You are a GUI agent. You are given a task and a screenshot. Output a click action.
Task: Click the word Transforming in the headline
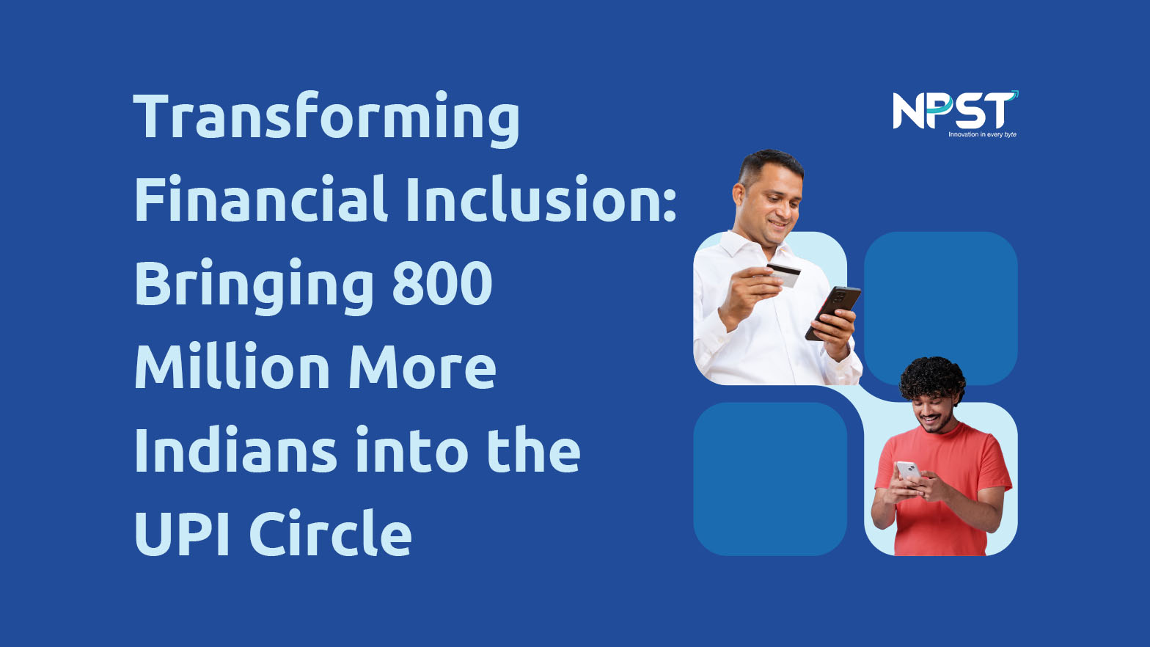point(326,119)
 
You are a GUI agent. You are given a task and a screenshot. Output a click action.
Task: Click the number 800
point(442,283)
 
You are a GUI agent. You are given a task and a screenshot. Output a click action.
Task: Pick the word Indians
point(235,449)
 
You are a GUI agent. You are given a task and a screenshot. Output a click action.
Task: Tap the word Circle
point(331,532)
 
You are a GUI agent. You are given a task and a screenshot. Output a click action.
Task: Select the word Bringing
point(254,285)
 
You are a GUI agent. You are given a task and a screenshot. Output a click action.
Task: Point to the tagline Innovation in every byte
point(982,134)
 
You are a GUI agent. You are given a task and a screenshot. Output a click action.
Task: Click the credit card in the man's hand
point(783,274)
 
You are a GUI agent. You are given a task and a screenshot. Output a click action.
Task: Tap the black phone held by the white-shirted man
point(832,312)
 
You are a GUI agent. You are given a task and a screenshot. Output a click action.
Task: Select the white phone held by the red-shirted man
point(908,471)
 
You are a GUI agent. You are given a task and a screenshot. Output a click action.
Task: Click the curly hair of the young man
point(931,377)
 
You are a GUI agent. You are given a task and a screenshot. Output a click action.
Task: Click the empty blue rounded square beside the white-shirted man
point(940,308)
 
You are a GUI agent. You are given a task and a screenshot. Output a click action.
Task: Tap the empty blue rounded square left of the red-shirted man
point(770,478)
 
